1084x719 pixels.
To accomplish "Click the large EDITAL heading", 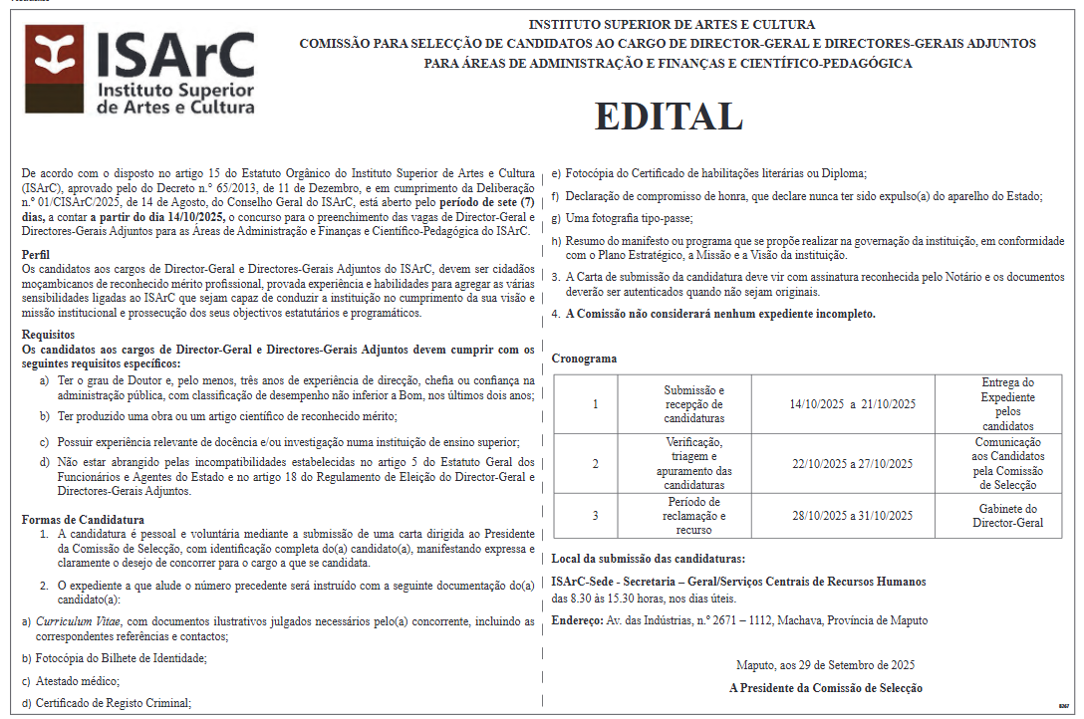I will pos(669,117).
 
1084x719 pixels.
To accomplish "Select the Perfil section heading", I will pos(36,255).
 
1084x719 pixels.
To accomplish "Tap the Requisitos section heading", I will pos(47,336).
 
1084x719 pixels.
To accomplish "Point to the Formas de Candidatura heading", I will pos(83,520).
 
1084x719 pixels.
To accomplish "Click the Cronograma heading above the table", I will pos(584,359).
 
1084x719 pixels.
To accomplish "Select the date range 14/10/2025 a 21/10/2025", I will pos(852,404).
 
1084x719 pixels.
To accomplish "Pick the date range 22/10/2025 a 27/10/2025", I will pos(852,464).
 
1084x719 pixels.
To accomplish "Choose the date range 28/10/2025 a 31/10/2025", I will pos(852,516).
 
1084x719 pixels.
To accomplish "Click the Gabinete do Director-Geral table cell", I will pos(1008,516).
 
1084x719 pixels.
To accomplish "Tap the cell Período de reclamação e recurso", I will pos(694,516).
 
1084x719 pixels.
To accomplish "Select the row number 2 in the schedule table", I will pos(595,464).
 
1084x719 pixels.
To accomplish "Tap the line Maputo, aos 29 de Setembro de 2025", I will pos(825,664).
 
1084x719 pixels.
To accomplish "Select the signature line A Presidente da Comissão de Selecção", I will pos(826,688).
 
